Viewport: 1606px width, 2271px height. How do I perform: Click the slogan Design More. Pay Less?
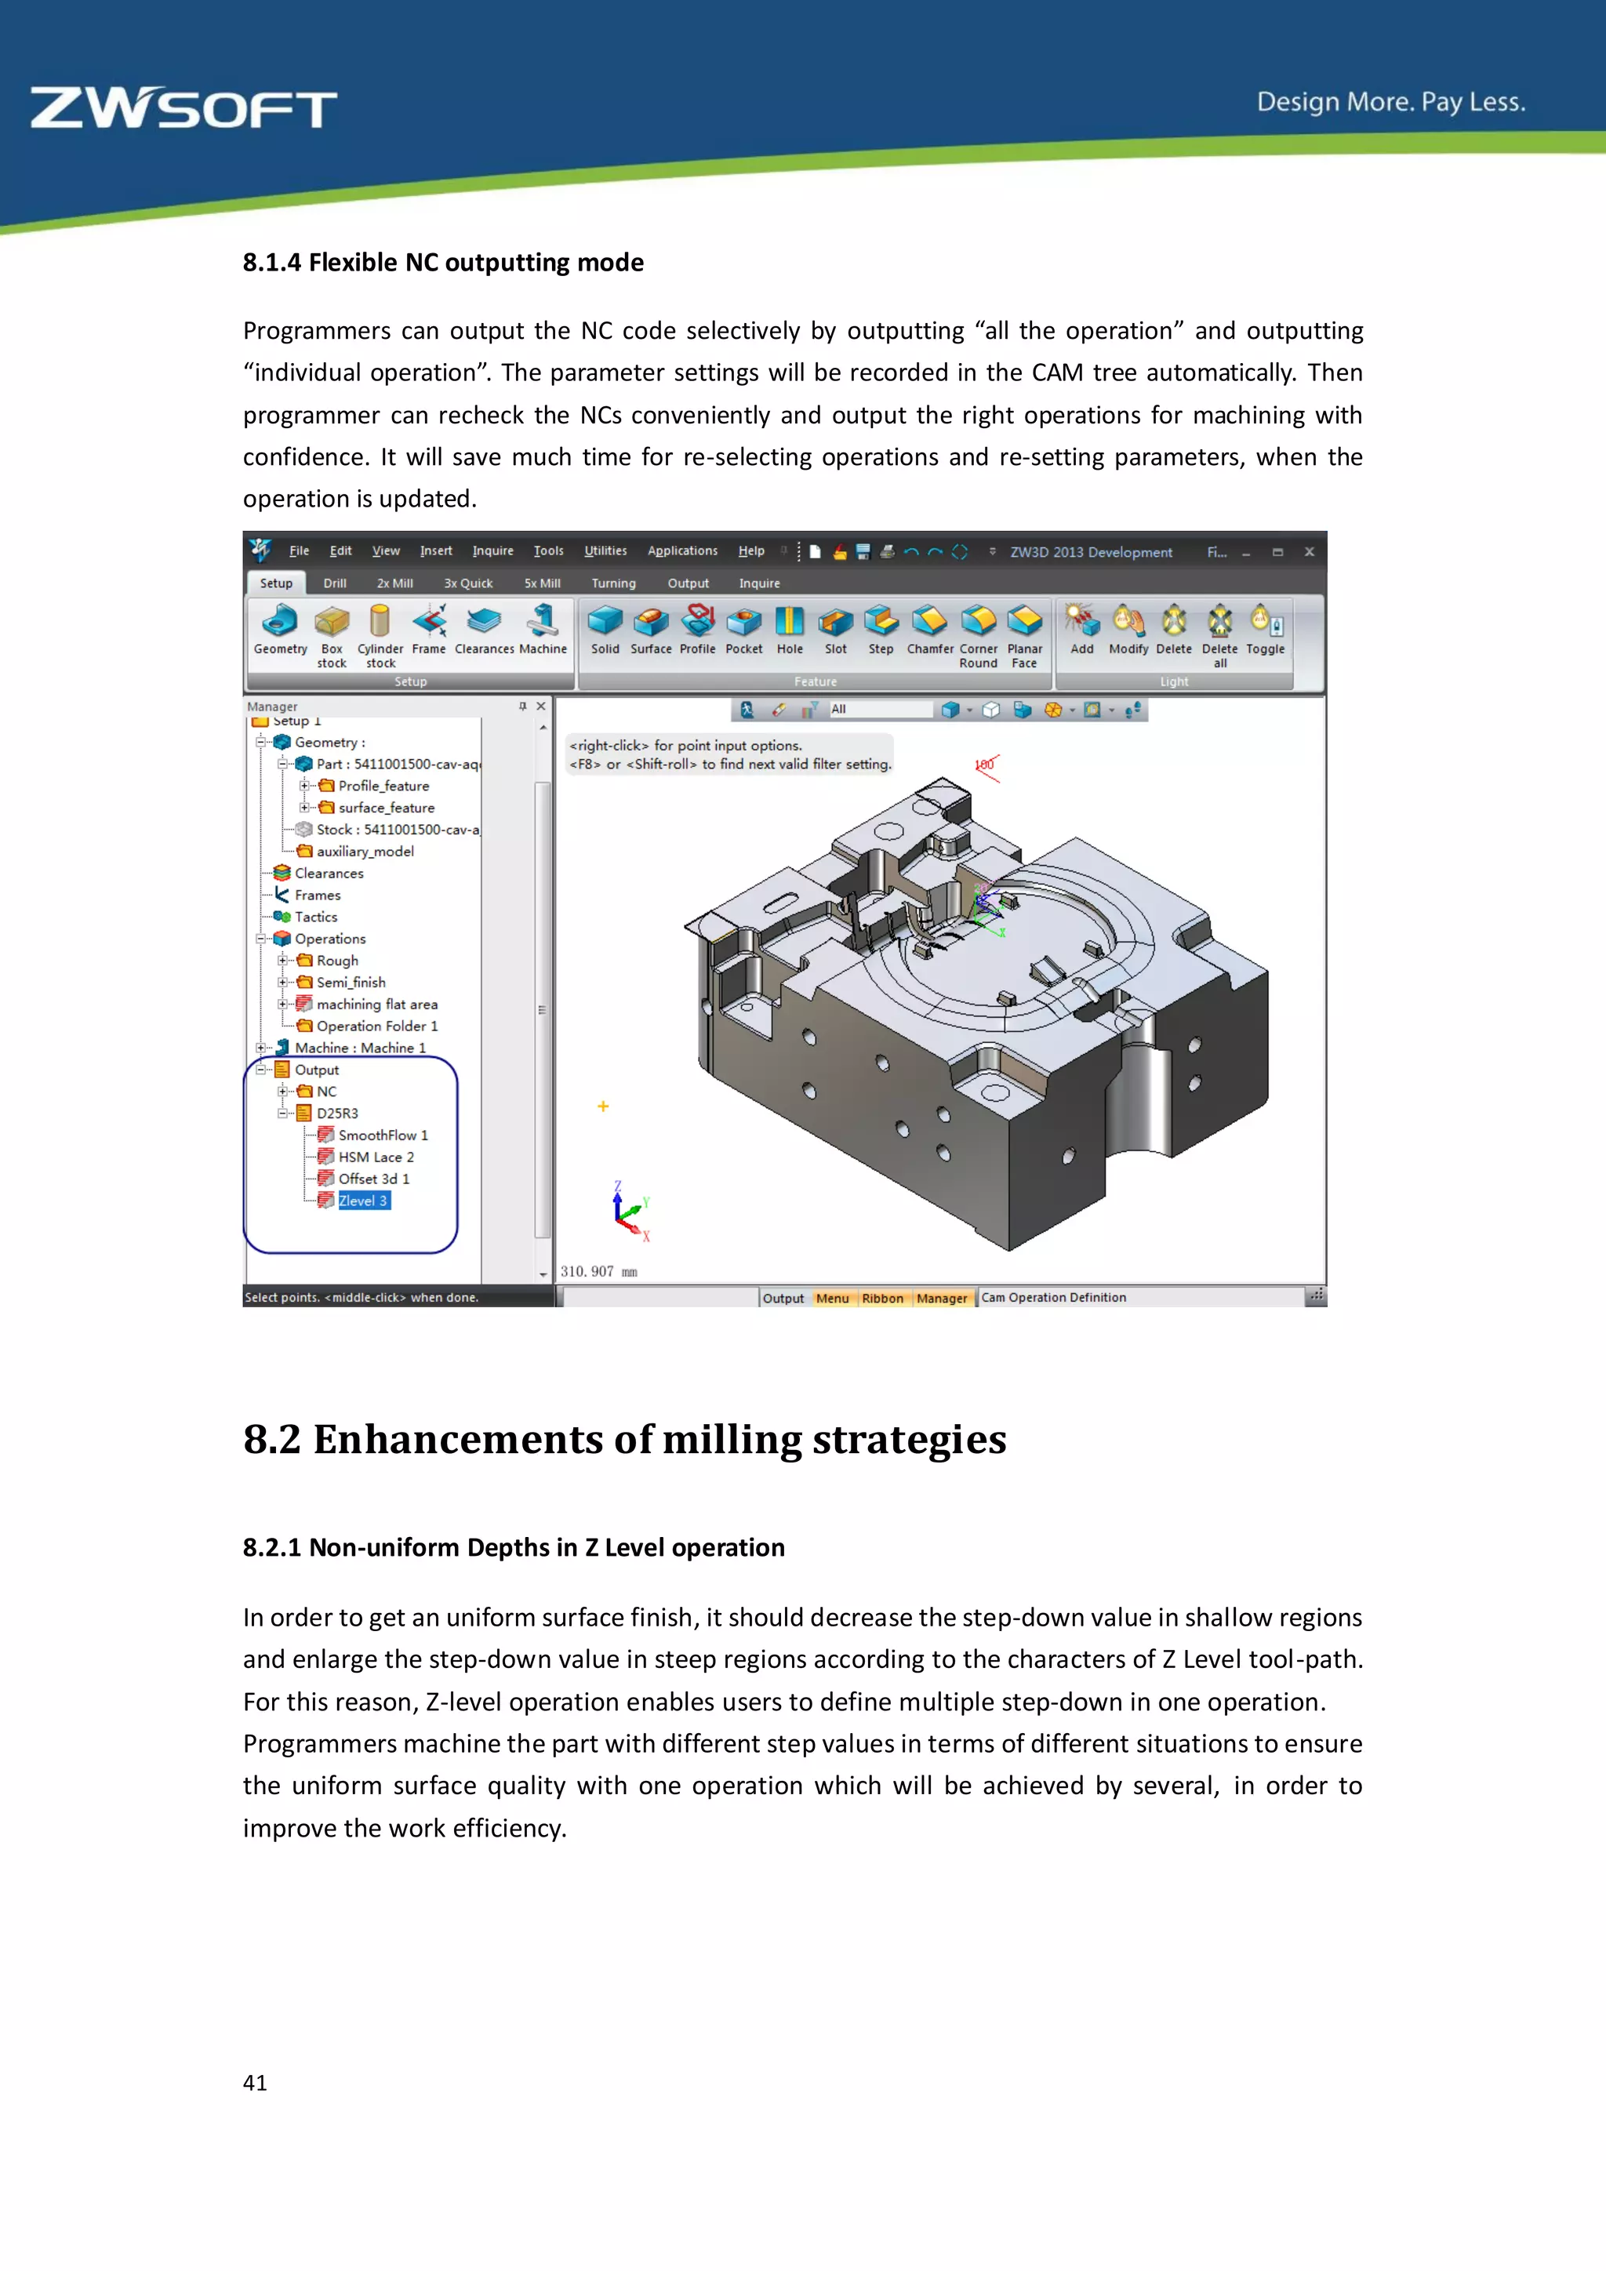point(1390,102)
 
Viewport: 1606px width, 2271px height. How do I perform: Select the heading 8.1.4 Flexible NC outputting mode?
point(443,262)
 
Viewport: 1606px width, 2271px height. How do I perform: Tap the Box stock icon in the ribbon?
point(331,622)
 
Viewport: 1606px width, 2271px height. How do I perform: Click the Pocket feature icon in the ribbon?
point(743,622)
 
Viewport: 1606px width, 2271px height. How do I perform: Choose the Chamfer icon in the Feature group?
point(928,622)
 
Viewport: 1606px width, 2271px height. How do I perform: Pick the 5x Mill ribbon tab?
point(542,583)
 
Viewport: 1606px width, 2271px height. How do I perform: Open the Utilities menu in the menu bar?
point(605,551)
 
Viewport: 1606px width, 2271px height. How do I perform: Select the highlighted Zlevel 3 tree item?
point(363,1201)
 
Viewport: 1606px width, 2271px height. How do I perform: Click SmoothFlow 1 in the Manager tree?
point(383,1135)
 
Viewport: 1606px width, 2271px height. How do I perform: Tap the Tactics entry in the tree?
point(315,917)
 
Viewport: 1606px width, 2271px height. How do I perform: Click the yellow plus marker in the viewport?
point(603,1106)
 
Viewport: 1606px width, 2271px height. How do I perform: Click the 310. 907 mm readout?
point(598,1272)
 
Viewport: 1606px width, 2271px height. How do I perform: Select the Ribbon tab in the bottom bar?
point(882,1299)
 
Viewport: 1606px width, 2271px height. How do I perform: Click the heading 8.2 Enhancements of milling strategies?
point(624,1439)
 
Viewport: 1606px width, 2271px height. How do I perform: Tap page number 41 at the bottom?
point(255,2082)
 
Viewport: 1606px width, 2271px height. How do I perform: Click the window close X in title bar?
point(1308,552)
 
